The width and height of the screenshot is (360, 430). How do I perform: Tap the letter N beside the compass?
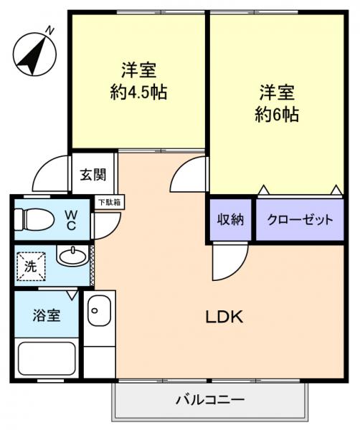(50, 29)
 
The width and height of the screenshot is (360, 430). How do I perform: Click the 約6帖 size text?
(277, 114)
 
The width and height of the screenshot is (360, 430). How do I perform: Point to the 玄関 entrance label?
(93, 174)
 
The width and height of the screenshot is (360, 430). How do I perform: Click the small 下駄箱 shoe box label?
(110, 203)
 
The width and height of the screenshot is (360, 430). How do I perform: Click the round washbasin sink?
(71, 255)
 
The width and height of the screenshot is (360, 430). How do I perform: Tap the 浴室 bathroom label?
(44, 315)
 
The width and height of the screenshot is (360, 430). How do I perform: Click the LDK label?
(224, 316)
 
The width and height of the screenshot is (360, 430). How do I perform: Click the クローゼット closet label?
(300, 219)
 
